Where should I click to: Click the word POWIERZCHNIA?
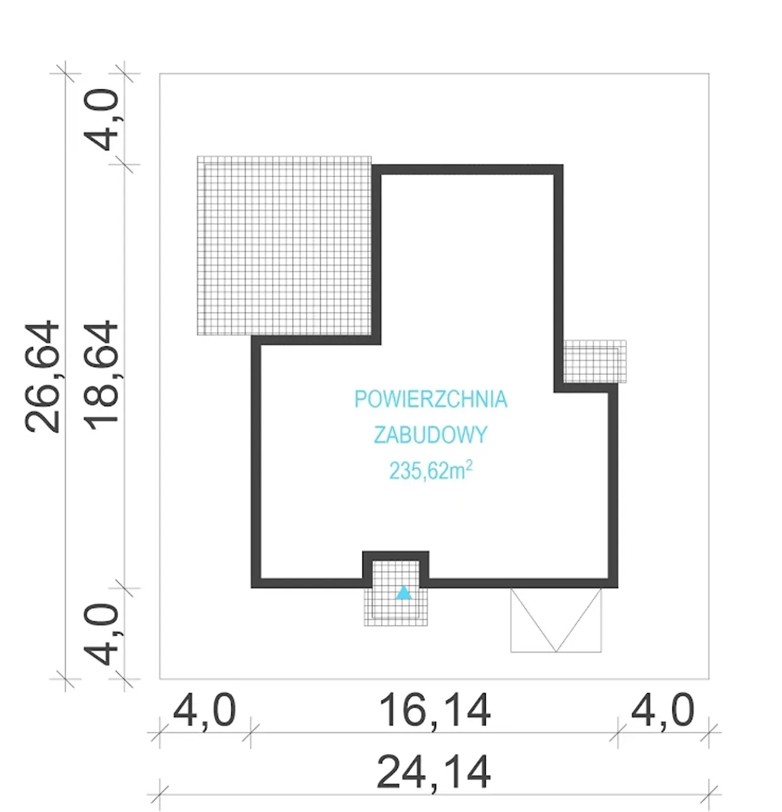coord(431,399)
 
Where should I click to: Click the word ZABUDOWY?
coord(431,435)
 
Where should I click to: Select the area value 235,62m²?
coord(431,471)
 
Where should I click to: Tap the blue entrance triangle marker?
coord(404,593)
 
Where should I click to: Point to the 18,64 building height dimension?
coord(101,375)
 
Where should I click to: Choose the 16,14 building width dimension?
coord(434,711)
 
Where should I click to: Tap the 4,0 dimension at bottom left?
coord(205,711)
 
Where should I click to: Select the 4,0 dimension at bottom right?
coord(663,711)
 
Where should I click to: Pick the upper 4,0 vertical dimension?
coord(102,119)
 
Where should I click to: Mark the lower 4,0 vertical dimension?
coord(102,635)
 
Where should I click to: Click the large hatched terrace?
coord(284,246)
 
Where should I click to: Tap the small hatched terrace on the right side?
coord(594,361)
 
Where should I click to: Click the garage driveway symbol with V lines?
coord(556,620)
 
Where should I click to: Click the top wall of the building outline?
coord(467,169)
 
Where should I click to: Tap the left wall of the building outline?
coord(256,462)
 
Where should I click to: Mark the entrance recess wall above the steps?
coord(396,556)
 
